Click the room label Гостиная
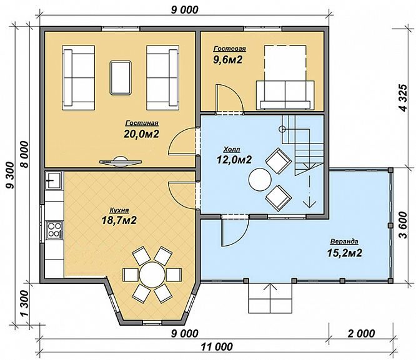coord(142,123)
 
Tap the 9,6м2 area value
coord(228,60)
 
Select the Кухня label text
coord(119,210)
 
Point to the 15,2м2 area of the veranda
coord(344,253)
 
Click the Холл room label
coord(232,150)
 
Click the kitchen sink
coord(53,180)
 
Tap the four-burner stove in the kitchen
coord(54,230)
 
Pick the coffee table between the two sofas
coord(121,77)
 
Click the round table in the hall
coord(260,180)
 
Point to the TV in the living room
coord(120,162)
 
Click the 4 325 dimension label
coord(404,98)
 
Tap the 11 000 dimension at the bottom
coord(217,346)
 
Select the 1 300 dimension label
coord(24,303)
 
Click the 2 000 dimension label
coord(362,334)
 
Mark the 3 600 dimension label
coord(404,225)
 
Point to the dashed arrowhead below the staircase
coord(309,203)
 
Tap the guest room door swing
coord(230,99)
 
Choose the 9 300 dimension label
coord(10,175)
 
